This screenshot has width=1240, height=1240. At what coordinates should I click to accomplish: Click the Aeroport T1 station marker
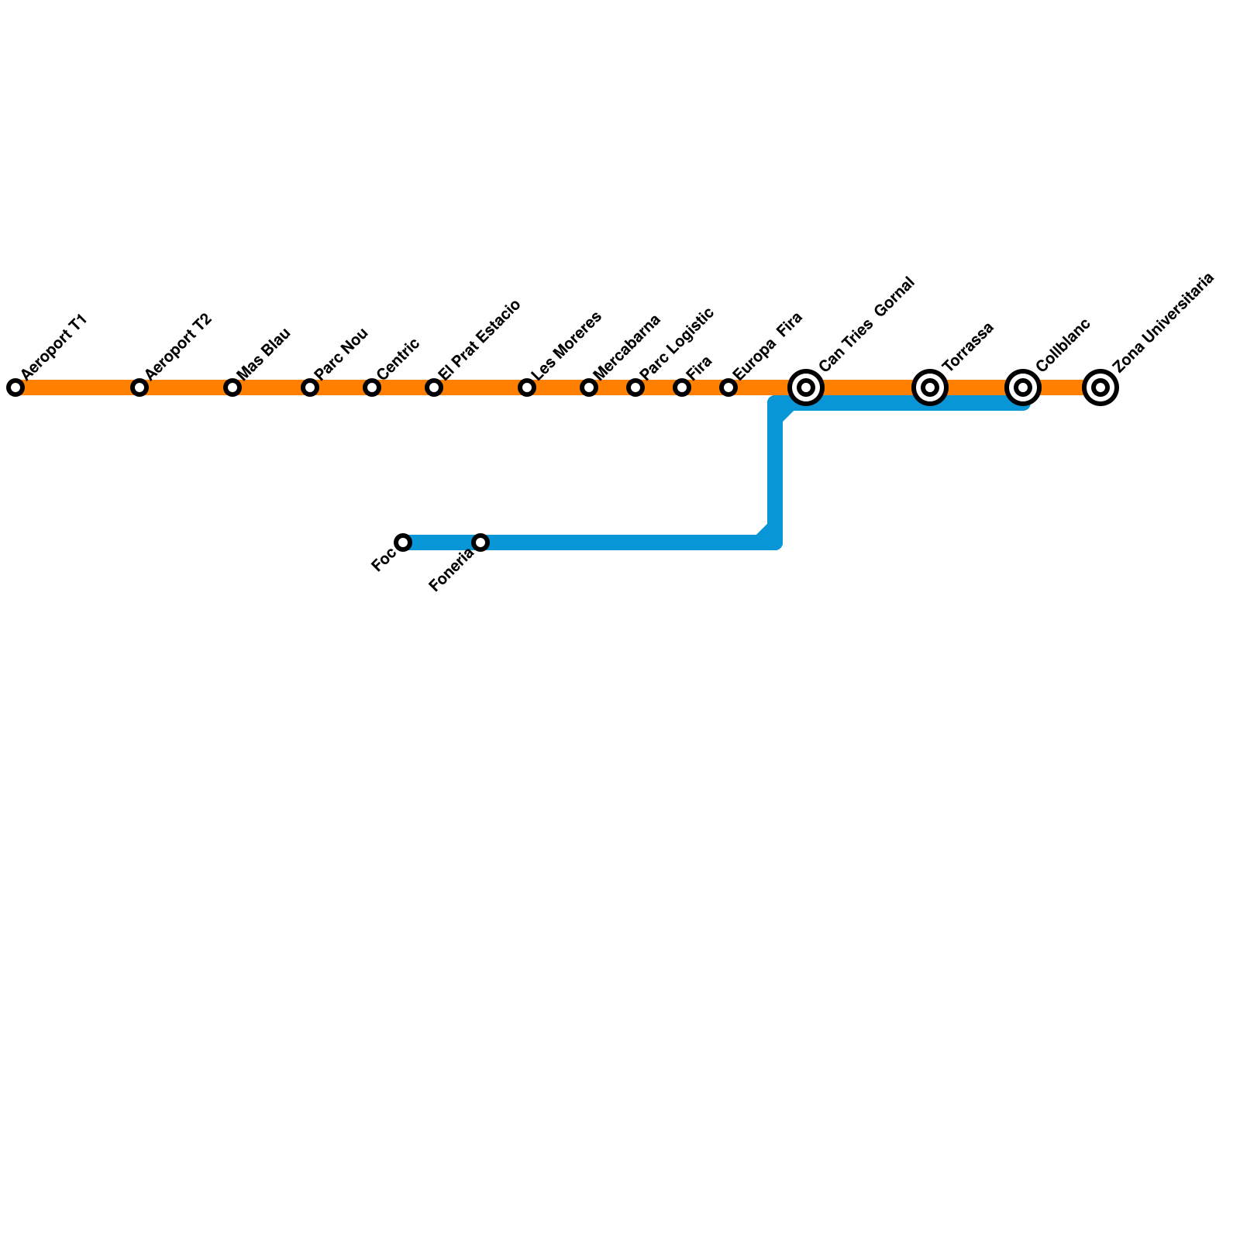[15, 387]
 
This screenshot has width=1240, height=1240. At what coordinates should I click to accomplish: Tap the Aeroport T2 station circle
[139, 387]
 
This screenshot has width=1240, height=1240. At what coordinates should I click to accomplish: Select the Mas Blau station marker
[232, 387]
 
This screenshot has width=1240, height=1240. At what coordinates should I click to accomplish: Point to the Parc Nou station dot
[310, 387]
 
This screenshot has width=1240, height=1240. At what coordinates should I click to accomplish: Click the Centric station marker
[372, 387]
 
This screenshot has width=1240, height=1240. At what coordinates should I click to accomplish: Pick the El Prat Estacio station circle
[434, 387]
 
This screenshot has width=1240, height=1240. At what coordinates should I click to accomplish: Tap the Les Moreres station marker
[527, 387]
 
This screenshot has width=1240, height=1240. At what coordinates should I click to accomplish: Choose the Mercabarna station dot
[589, 387]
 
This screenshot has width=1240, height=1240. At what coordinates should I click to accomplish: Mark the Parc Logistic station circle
[635, 387]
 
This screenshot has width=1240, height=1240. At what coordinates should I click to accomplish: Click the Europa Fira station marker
[728, 387]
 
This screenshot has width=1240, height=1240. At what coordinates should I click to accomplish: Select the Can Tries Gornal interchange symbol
[806, 387]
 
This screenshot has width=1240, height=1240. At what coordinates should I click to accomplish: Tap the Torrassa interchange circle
[930, 387]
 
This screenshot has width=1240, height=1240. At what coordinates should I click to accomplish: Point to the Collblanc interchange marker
[1023, 387]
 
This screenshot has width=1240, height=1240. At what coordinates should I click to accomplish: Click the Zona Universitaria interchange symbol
[1100, 387]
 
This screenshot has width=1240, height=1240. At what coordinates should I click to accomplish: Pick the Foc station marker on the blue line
[403, 542]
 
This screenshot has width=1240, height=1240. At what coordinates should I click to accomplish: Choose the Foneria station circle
[480, 542]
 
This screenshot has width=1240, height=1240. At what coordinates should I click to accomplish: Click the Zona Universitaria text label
[1162, 322]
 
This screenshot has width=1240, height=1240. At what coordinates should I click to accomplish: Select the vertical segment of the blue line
[775, 473]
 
